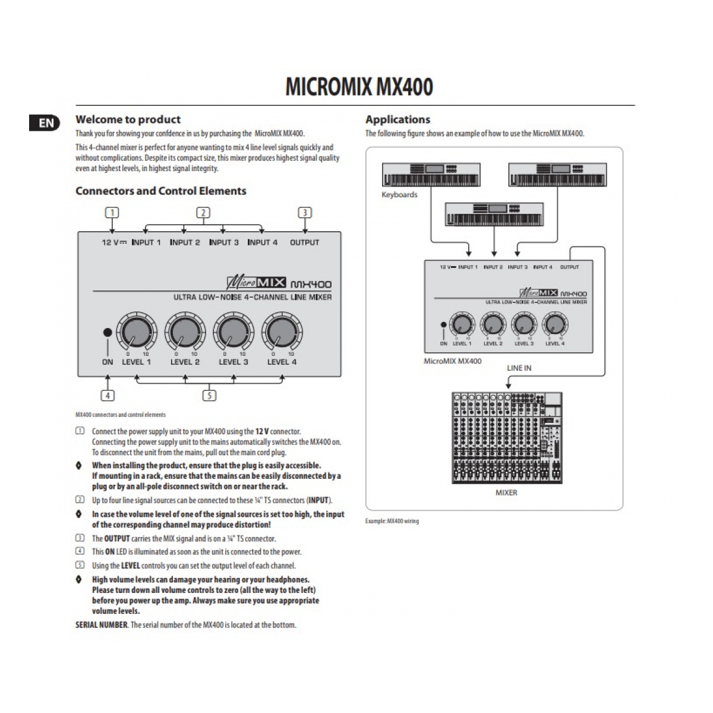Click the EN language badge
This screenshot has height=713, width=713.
click(x=46, y=123)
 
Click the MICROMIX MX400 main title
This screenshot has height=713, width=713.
click(x=359, y=87)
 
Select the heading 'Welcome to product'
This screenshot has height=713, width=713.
click(x=128, y=119)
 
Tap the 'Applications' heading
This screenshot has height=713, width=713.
click(x=397, y=119)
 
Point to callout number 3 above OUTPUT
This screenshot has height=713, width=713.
click(x=305, y=213)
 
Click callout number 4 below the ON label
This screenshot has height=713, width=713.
click(x=108, y=395)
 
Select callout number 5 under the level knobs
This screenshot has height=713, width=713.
click(x=209, y=395)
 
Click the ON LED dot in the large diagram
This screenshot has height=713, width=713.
click(x=108, y=333)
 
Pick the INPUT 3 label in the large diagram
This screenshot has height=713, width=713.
click(x=223, y=242)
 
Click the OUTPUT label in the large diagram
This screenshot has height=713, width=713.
click(x=304, y=242)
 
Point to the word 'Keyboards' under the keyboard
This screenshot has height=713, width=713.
click(x=399, y=195)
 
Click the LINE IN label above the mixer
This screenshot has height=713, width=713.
click(x=519, y=368)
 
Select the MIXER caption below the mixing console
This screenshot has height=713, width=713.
click(x=506, y=493)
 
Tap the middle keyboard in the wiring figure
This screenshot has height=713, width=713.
click(x=494, y=214)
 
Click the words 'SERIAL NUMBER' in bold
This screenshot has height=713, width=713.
click(x=101, y=624)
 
